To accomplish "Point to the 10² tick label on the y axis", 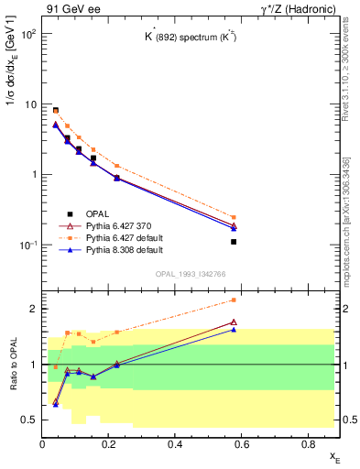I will tap(27, 35).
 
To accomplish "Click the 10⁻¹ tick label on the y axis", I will tap(27, 245).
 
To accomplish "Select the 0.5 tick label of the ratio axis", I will tap(29, 420).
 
